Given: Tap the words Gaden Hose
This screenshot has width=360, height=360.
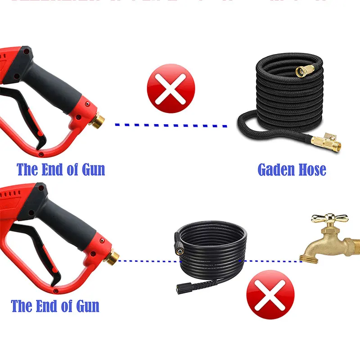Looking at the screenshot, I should [x=292, y=170].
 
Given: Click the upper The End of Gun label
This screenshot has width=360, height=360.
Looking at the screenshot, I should [x=61, y=170].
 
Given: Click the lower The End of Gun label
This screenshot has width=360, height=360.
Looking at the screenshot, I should [x=55, y=306].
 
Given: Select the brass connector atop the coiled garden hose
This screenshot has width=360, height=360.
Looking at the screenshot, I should [x=302, y=71].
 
